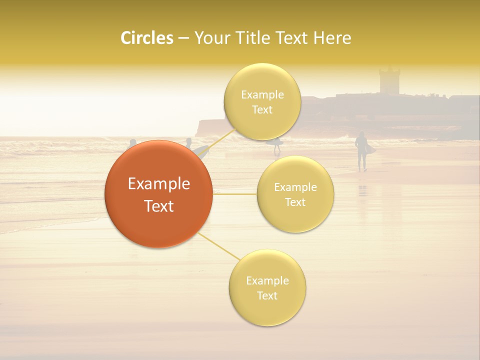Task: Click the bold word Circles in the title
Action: coord(147,38)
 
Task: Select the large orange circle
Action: coord(158,194)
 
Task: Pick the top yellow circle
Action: coord(262,101)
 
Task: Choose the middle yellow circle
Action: coord(295,194)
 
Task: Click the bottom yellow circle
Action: coord(267,287)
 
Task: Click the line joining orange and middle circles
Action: coord(235,194)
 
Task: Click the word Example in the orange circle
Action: coord(158,184)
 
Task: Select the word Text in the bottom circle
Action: coord(267,295)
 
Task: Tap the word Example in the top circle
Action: coord(262,94)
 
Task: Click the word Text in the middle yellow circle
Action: coord(295,202)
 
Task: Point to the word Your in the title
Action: coord(211,38)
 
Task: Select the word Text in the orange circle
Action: coord(158,206)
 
